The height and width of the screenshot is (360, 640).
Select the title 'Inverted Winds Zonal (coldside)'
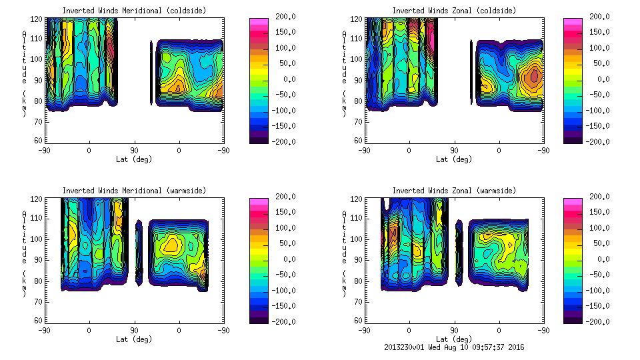454,11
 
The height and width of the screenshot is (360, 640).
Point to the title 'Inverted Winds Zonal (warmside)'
454,191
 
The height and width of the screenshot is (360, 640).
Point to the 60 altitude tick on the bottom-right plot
358,321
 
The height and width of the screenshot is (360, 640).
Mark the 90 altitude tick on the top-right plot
358,80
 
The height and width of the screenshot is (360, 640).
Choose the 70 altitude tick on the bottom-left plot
39,301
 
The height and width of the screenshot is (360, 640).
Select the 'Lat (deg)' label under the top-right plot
454,159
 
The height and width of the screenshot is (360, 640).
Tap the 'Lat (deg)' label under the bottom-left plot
134,339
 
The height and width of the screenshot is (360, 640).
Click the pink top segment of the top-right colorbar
573,22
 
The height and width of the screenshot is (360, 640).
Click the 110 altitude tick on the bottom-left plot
39,218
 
